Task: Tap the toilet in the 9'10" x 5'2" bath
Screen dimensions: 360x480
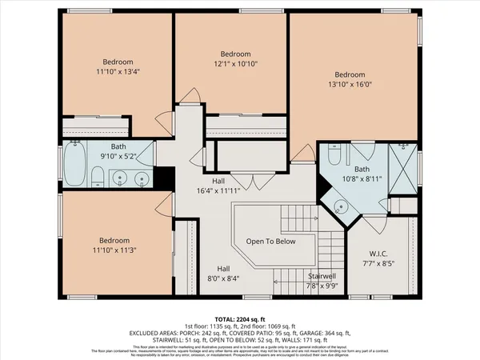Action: (x=97, y=177)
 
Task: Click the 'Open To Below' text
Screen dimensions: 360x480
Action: (x=270, y=241)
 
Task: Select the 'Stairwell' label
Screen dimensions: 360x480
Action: (x=322, y=275)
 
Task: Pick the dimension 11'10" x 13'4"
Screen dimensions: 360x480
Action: (x=118, y=71)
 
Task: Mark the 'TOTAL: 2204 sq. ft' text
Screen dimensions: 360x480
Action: (x=240, y=318)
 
